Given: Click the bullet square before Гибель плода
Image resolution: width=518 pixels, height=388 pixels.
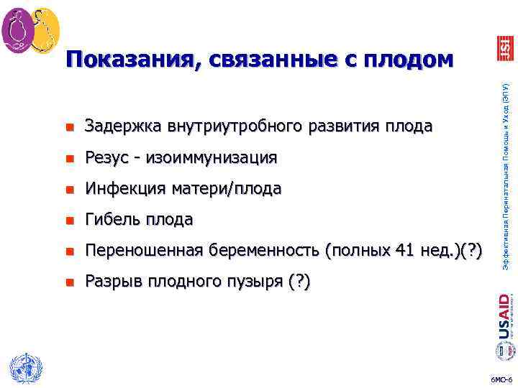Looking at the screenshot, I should point(69,220).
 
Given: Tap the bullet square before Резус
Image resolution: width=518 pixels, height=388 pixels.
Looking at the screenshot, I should point(69,158).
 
